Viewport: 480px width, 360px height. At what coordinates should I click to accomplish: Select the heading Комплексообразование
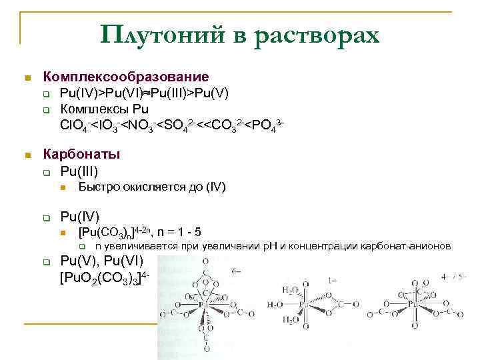point(126,77)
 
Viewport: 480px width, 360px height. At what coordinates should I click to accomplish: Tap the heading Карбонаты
point(82,155)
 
